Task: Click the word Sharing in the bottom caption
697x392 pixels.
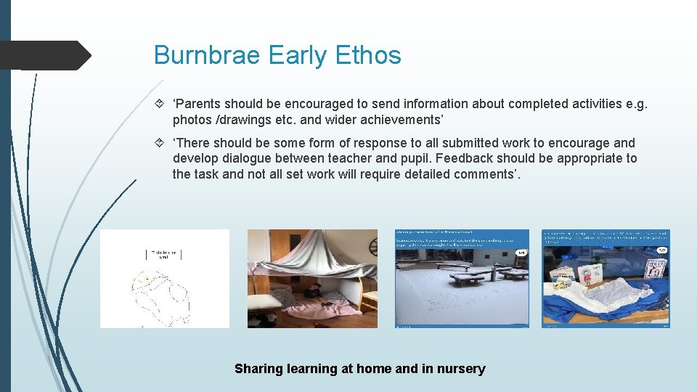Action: click(x=258, y=369)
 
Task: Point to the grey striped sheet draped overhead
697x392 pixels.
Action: click(x=312, y=250)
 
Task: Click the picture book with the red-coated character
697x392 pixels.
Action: click(x=587, y=274)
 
